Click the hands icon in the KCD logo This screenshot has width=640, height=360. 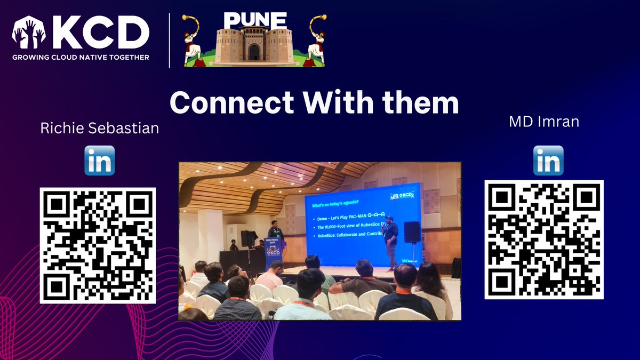click(x=29, y=33)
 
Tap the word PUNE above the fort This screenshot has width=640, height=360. click(x=254, y=21)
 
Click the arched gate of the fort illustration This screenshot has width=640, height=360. click(x=254, y=52)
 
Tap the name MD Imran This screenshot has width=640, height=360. click(x=544, y=122)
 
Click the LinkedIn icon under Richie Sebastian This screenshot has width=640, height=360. click(x=100, y=161)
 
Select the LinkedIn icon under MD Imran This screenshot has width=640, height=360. click(x=548, y=161)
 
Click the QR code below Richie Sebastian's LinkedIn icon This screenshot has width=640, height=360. click(x=98, y=245)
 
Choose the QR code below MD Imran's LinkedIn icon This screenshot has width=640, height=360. click(x=544, y=239)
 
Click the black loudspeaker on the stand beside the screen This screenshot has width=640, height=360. click(x=412, y=232)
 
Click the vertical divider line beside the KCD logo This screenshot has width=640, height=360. click(x=170, y=41)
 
